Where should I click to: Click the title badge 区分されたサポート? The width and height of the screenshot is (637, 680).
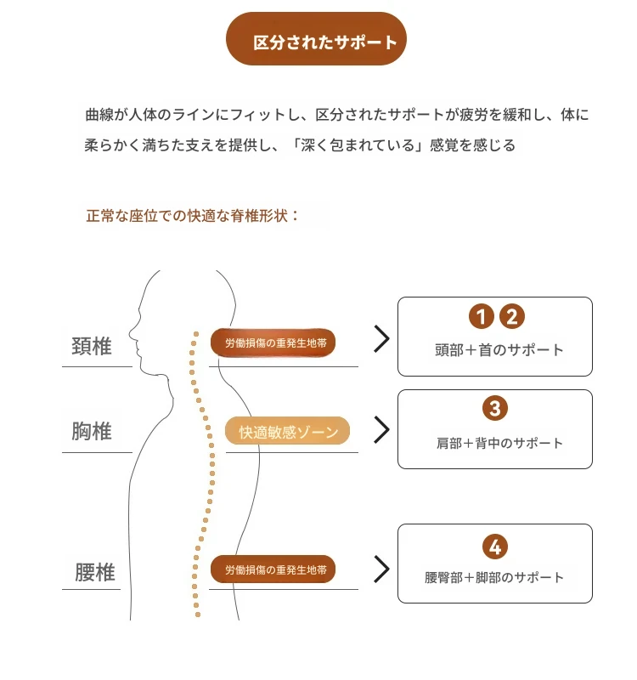pos(316,39)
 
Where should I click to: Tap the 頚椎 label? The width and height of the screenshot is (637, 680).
pos(92,346)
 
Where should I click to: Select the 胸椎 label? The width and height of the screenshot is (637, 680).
pos(92,431)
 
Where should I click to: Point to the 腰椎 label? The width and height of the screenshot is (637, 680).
pos(95,572)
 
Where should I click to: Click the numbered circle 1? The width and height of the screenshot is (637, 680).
pos(482,316)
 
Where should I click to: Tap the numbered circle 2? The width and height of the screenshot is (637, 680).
pos(512,316)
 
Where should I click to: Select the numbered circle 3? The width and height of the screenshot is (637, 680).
pos(495,408)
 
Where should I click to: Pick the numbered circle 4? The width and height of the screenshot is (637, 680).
pos(495,547)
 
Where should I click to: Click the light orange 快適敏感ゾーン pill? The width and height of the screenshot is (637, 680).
pos(287,431)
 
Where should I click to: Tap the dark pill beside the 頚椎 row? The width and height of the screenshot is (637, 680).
pos(273,343)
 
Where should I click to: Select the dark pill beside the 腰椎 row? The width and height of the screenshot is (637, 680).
pos(273,569)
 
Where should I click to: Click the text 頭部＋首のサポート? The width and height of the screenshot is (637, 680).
pos(499,350)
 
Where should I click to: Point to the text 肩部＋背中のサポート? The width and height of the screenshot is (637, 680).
pos(499,443)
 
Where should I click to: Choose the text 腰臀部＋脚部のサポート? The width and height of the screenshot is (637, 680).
pos(494,578)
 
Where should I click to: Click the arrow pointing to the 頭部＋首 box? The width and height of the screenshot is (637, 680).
pos(381,338)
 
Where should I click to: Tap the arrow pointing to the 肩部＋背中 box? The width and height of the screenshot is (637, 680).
pos(381,430)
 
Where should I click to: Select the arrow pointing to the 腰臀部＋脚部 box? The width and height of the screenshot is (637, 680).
pos(381,569)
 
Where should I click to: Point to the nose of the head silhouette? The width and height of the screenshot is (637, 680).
pos(130,334)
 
